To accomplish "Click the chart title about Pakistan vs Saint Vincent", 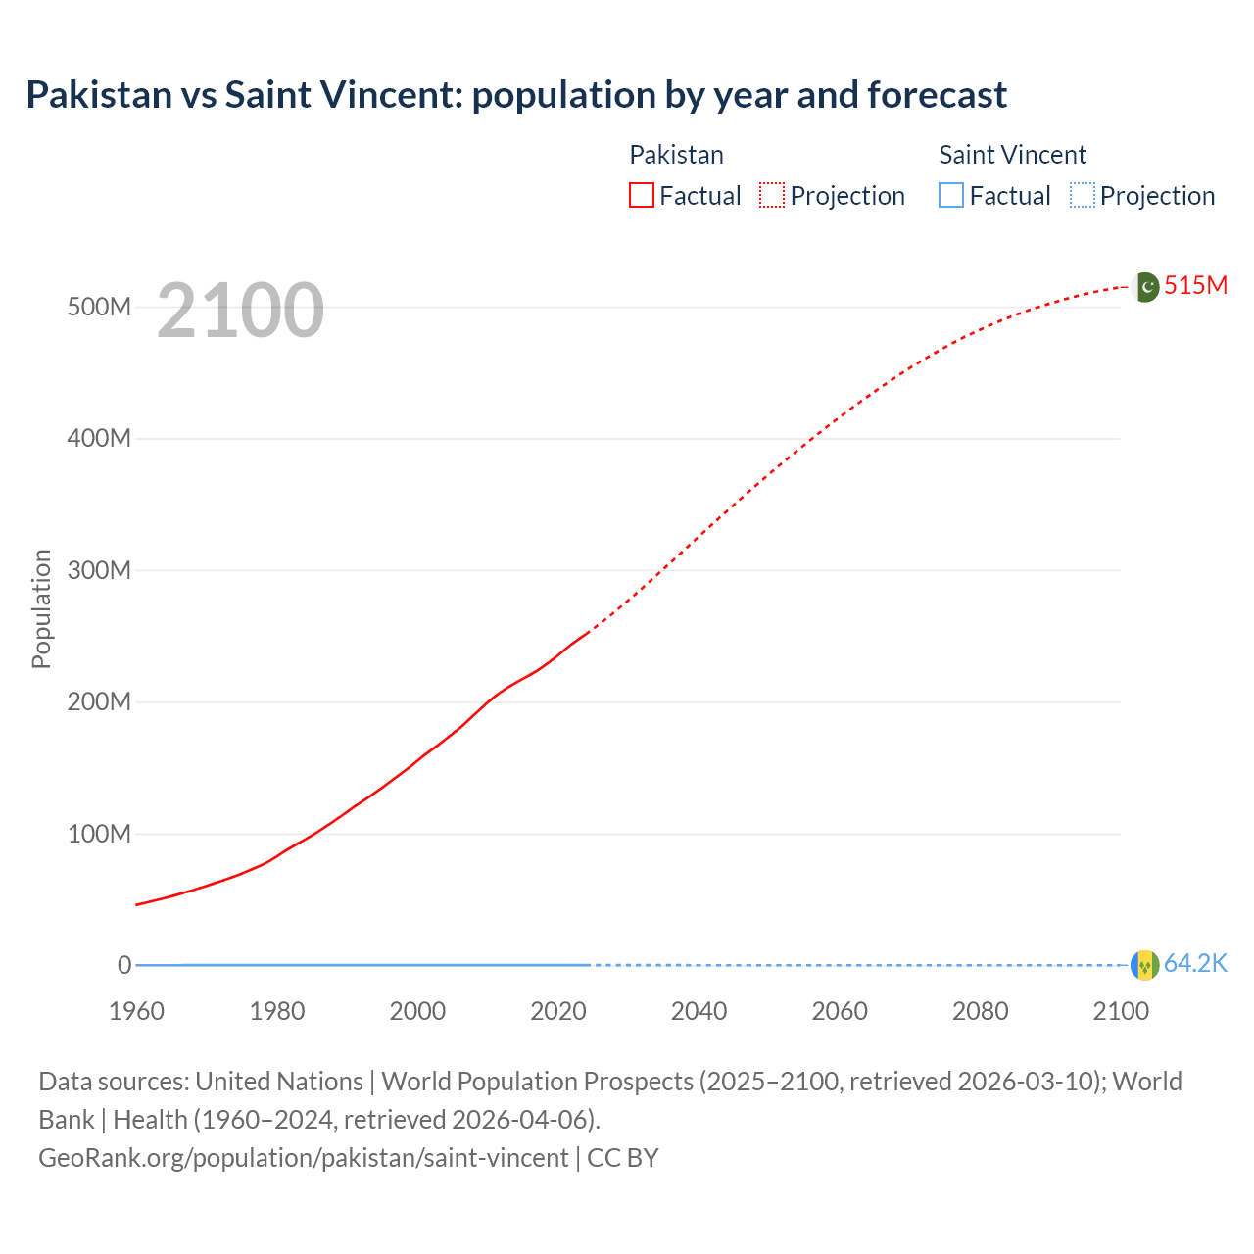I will click(x=516, y=95).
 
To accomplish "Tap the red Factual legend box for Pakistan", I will click(x=641, y=195).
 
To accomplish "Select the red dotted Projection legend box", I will click(x=772, y=195).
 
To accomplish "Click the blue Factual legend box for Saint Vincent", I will click(x=951, y=195).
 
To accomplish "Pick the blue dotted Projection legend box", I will click(x=1083, y=195).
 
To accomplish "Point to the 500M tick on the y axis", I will click(x=99, y=307).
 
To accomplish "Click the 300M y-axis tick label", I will click(x=99, y=570).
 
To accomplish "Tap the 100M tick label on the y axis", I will click(x=99, y=834).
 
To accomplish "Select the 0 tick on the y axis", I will click(x=124, y=965).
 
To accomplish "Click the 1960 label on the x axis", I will click(x=136, y=1011).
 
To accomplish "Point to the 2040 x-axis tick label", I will click(x=699, y=1011).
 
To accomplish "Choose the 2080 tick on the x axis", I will click(x=980, y=1011).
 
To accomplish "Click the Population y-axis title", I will click(x=41, y=608).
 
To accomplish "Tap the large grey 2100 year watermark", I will click(x=240, y=311).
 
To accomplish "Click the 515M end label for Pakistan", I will click(x=1195, y=285).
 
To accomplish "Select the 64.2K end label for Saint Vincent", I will click(x=1195, y=964).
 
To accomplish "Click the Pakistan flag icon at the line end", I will click(x=1144, y=287).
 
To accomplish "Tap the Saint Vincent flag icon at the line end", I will click(x=1144, y=965).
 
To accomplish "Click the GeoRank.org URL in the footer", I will click(x=303, y=1157).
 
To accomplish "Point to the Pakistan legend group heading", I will click(x=676, y=155).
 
